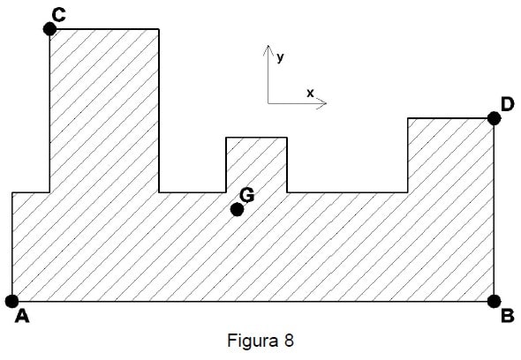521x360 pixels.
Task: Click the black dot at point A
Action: pos(12,301)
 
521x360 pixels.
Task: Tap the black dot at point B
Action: pos(495,301)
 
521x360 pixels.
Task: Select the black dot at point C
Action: pos(49,29)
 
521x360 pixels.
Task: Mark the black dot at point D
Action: pos(495,118)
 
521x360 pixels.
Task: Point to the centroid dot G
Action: pos(237,209)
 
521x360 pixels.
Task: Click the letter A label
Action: pos(22,316)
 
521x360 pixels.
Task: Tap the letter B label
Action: pos(508,316)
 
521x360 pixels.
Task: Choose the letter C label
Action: pos(59,15)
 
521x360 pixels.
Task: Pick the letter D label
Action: pos(508,104)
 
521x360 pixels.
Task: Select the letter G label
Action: pos(247,195)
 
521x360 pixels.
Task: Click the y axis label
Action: pos(280,57)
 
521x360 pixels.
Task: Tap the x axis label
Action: pos(310,94)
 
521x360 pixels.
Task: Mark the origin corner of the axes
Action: pos(268,103)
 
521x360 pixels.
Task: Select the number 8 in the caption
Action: pos(289,340)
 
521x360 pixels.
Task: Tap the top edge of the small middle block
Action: pos(256,137)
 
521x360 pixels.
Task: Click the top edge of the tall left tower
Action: pos(104,29)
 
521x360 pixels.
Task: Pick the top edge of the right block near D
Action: pos(451,118)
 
